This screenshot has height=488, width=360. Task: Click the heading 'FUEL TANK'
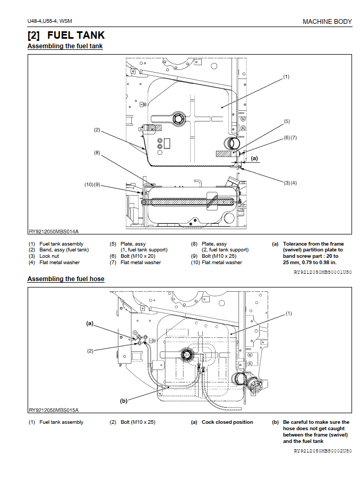[76, 35]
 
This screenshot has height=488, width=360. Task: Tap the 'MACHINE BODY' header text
[327, 21]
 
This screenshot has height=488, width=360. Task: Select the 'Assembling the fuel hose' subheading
[66, 279]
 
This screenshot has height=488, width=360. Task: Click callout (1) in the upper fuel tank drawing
[286, 76]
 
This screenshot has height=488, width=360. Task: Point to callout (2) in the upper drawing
[97, 130]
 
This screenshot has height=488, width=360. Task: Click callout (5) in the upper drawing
[287, 121]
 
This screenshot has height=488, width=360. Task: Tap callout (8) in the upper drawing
[97, 153]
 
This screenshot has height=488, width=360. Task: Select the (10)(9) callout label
[92, 185]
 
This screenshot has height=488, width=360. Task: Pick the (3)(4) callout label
[290, 182]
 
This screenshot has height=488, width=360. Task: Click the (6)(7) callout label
[290, 137]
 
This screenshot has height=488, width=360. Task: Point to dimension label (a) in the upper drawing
[254, 158]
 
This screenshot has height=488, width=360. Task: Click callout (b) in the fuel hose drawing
[124, 401]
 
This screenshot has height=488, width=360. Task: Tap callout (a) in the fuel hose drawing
[90, 324]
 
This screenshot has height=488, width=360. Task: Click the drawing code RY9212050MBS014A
[54, 231]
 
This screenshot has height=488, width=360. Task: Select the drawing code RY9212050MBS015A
[54, 410]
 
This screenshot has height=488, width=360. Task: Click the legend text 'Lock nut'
[49, 256]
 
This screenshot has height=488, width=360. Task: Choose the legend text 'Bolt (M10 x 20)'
[138, 256]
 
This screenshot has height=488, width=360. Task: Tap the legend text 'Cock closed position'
[227, 422]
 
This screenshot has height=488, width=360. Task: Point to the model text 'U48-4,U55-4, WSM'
[49, 21]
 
